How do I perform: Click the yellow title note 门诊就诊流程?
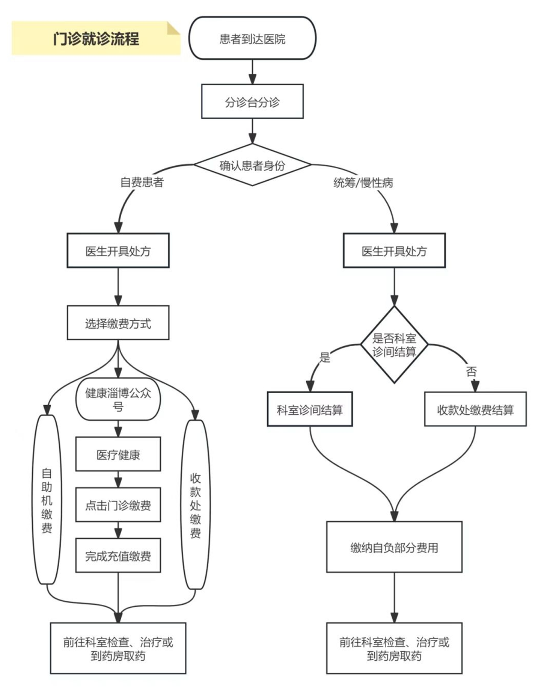coord(96,39)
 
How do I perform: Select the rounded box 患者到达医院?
coord(252,38)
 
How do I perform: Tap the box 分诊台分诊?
coord(252,101)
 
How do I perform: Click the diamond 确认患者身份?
coord(252,165)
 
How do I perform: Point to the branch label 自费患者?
coord(142,182)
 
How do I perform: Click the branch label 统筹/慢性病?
coord(363,183)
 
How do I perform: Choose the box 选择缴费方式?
coord(118,323)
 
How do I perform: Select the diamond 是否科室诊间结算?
coord(394,345)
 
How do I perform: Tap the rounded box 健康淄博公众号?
coord(118,399)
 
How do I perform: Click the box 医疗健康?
coord(118,454)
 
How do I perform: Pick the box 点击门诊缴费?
coord(118,505)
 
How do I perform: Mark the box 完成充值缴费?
coord(118,556)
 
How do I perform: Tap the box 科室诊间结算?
coord(310,409)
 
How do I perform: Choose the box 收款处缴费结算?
coord(475,409)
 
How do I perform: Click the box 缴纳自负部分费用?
coord(394,547)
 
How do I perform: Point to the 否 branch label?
coord(471,371)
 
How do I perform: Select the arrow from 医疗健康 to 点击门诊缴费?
coord(118,480)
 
